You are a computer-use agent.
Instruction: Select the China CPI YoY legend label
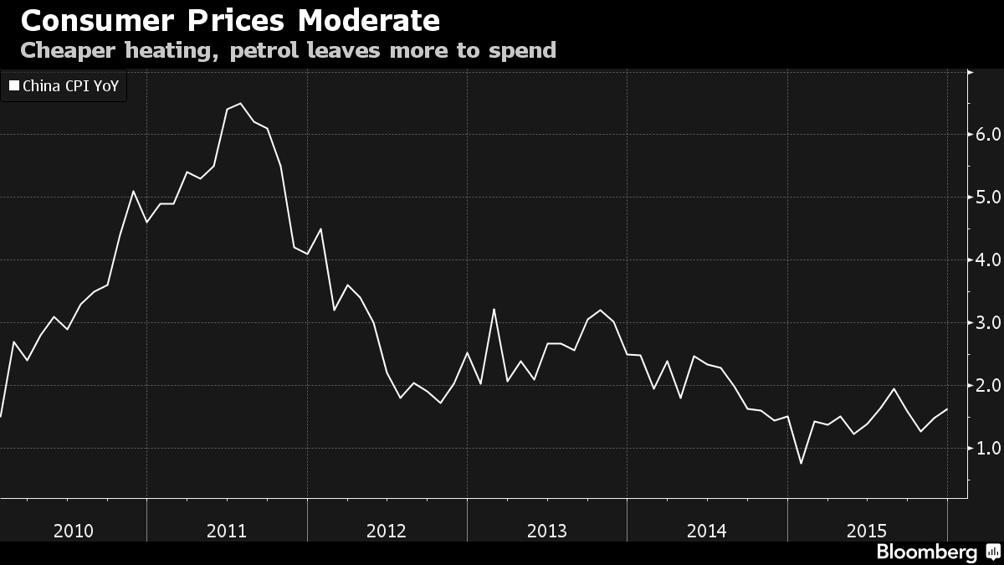coord(70,85)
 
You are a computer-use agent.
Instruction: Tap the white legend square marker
coord(13,85)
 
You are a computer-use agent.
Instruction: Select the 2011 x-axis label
coord(226,530)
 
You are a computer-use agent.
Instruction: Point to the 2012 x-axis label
coord(387,530)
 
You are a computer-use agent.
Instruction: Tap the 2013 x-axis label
coord(546,530)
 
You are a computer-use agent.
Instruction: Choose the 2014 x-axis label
coord(706,530)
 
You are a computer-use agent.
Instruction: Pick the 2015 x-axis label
coord(866,530)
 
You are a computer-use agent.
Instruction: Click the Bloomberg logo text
coord(926,552)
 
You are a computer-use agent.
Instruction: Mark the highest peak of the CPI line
coord(240,104)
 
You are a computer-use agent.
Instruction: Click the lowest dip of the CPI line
coord(801,463)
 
